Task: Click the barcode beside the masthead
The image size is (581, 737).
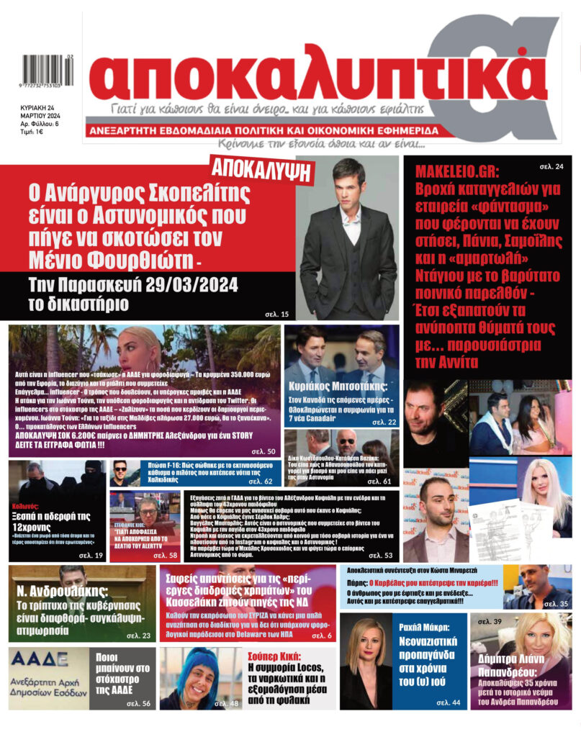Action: [x=42, y=72]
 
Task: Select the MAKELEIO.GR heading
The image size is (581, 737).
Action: [x=456, y=172]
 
